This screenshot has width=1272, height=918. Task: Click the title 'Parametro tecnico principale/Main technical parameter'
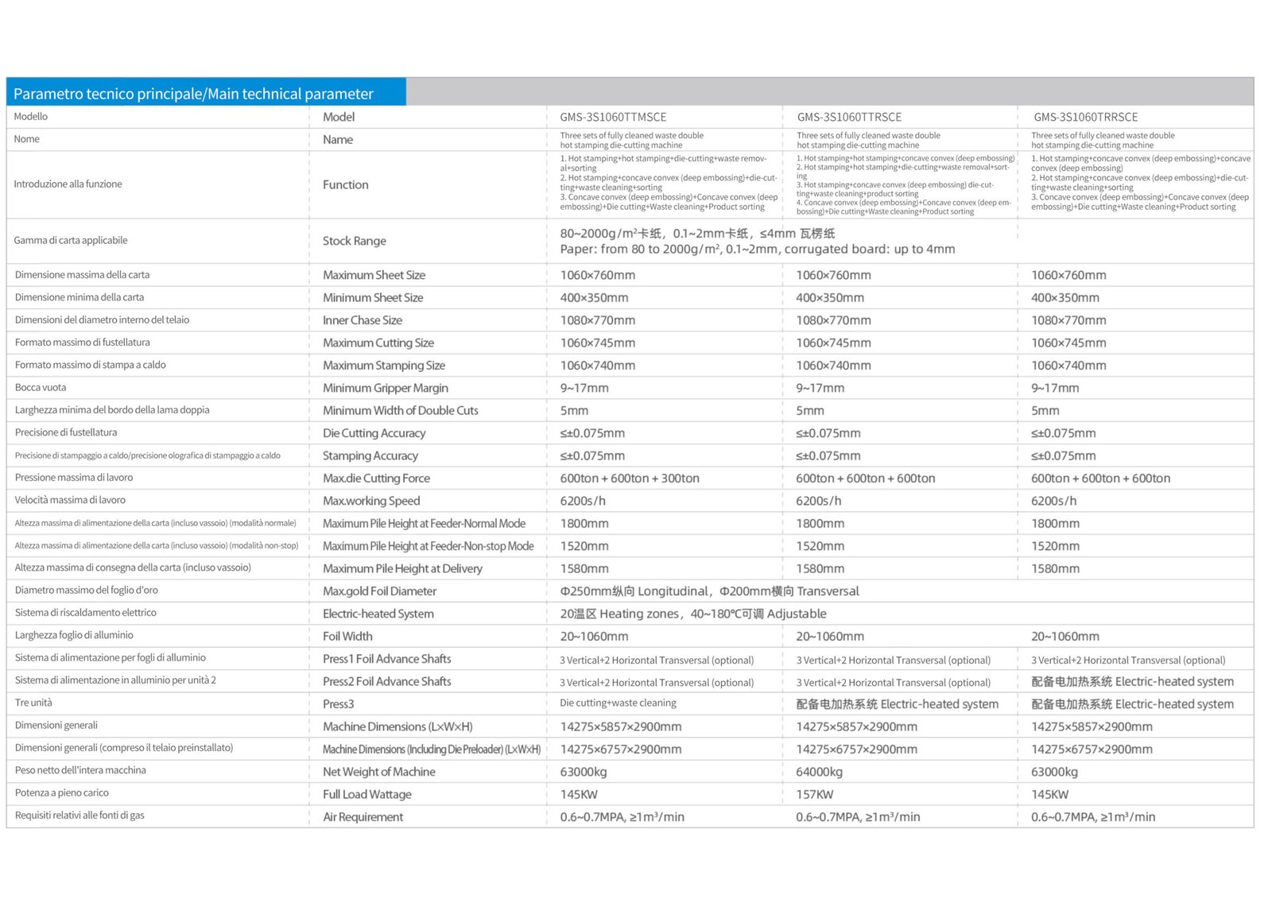pyautogui.click(x=193, y=94)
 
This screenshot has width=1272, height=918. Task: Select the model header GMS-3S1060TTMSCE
pyautogui.click(x=613, y=117)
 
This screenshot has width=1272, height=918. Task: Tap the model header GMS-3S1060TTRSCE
pyautogui.click(x=849, y=117)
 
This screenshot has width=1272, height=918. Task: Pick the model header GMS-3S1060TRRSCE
pyautogui.click(x=1085, y=117)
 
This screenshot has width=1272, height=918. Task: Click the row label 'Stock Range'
pyautogui.click(x=355, y=241)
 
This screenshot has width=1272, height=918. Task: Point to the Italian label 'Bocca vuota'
pyautogui.click(x=41, y=388)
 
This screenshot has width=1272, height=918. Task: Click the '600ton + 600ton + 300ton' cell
pyautogui.click(x=630, y=478)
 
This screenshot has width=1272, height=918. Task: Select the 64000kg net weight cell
pyautogui.click(x=819, y=772)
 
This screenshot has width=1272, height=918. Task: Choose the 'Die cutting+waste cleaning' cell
pyautogui.click(x=618, y=703)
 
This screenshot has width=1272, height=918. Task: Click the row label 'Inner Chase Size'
pyautogui.click(x=363, y=320)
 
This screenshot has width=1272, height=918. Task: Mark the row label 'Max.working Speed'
pyautogui.click(x=371, y=501)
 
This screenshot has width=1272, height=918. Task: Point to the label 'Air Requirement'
pyautogui.click(x=363, y=817)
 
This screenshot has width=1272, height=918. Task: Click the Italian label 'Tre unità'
pyautogui.click(x=33, y=703)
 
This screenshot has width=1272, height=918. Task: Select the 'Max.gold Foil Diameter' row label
pyautogui.click(x=379, y=591)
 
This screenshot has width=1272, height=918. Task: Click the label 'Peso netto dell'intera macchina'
pyautogui.click(x=80, y=770)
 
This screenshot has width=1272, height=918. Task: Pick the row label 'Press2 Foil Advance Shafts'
pyautogui.click(x=387, y=681)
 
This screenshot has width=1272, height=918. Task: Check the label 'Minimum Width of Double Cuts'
pyautogui.click(x=401, y=410)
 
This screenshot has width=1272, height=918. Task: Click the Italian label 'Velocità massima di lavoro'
pyautogui.click(x=70, y=500)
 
